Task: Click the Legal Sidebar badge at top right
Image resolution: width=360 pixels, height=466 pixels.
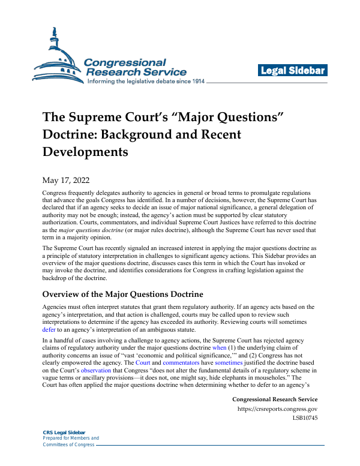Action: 293,71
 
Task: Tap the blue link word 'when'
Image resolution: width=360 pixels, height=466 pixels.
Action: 220,348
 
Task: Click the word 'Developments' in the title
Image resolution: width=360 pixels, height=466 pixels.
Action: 85,151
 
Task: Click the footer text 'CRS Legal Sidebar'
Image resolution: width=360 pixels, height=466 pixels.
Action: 64,432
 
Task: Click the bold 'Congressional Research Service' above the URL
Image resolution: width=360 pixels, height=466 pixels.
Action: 274,399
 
